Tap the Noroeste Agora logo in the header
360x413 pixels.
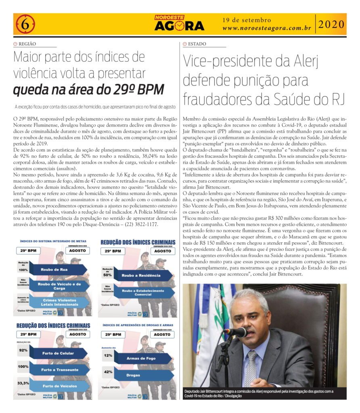179,24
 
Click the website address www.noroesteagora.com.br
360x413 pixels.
266,28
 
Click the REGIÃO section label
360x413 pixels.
27,44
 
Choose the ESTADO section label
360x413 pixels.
197,44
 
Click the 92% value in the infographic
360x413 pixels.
23,350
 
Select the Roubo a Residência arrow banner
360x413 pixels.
140,275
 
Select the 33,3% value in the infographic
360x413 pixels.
23,383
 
